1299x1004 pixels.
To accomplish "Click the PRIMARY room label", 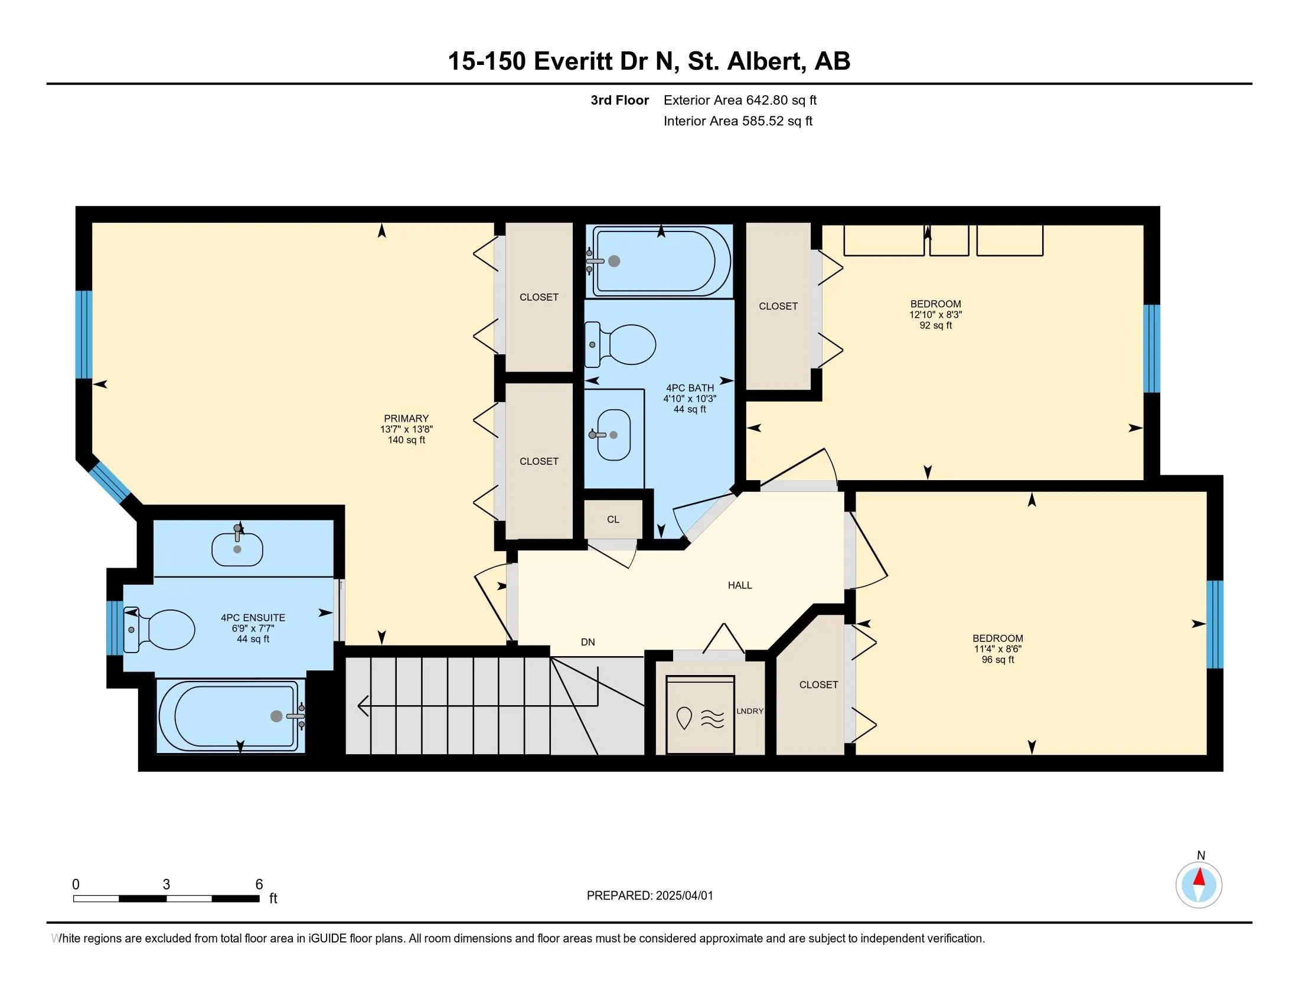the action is [406, 418].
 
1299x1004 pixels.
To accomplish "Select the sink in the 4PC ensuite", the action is [237, 548].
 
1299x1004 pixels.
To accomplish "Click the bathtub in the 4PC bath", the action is [659, 260].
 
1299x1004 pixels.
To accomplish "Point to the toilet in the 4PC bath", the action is [621, 344].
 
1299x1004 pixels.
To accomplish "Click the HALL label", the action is [740, 585].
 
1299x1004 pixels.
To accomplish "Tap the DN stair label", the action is [588, 642].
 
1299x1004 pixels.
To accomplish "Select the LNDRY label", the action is [750, 710].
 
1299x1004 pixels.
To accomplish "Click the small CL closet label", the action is [613, 519].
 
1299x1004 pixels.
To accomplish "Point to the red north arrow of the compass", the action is [1200, 877].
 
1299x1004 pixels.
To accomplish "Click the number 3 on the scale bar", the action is [167, 885].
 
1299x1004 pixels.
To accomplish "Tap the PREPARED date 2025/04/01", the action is [684, 896].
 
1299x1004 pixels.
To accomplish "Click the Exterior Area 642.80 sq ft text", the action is [740, 100].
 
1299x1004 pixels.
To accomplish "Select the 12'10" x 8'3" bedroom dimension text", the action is [936, 315].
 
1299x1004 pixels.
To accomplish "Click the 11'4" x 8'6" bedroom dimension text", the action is [998, 649].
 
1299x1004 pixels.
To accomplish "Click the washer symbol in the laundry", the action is [700, 715].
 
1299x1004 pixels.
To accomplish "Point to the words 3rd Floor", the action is [620, 100].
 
